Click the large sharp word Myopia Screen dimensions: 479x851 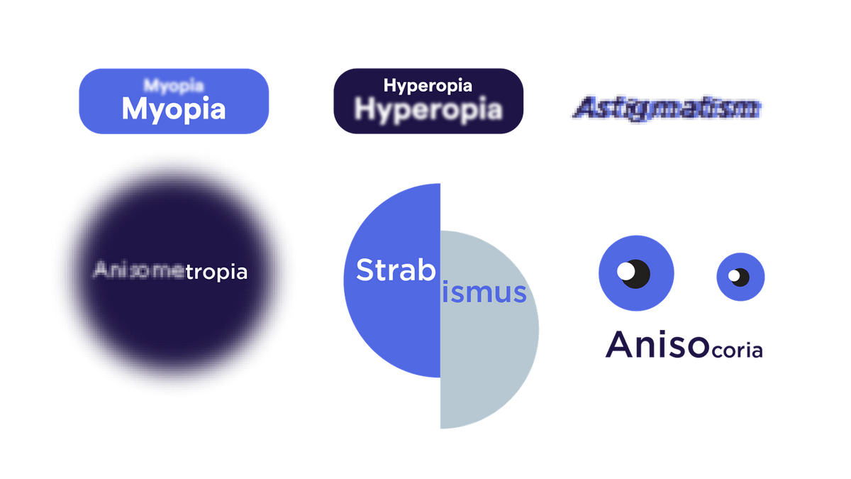pos(174,109)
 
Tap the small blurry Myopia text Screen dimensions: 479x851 pos(174,86)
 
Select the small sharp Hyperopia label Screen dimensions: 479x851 pos(428,86)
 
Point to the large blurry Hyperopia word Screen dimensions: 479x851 pos(428,110)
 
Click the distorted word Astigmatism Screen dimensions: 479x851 pos(667,109)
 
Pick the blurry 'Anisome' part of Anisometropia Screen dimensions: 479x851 pos(139,270)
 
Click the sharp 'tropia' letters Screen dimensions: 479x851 pos(216,272)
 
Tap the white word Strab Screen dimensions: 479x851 pos(395,270)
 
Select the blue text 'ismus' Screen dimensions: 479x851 pos(484,292)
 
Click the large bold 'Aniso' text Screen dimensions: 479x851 pos(657,345)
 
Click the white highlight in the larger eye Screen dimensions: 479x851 pos(625,270)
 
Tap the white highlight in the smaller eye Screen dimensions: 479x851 pos(735,275)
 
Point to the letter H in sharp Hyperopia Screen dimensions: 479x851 pos(389,86)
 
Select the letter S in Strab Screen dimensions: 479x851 pos(365,270)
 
